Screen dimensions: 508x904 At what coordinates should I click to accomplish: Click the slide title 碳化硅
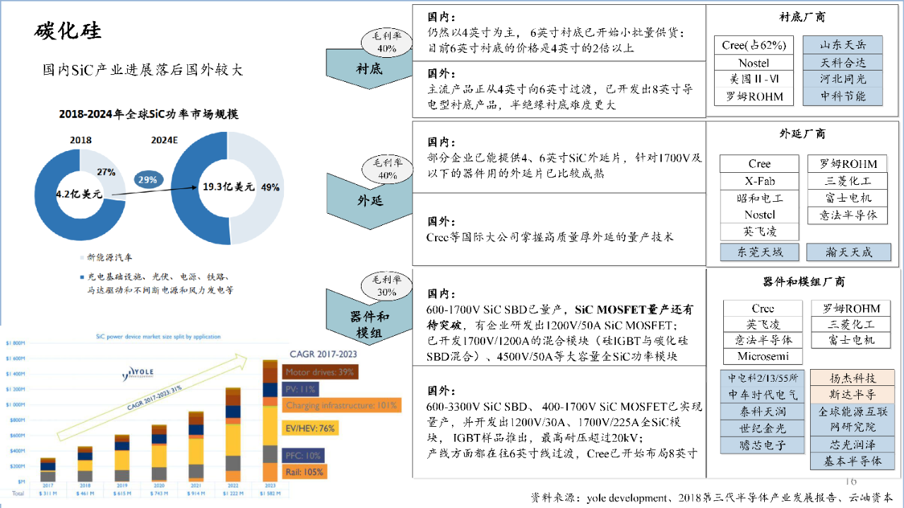[x=68, y=31]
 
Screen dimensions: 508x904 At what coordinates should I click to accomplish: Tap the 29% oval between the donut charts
[x=148, y=180]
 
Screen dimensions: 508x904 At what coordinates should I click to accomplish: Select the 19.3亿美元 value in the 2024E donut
[x=228, y=187]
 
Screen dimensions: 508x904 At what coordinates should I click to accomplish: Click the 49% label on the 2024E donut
[x=270, y=188]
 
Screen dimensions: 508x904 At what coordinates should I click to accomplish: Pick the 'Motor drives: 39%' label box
[x=320, y=372]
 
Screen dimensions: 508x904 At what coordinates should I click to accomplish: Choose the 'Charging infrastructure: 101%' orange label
[x=342, y=406]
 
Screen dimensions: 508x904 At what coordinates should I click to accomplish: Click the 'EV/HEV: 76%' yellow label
[x=309, y=428]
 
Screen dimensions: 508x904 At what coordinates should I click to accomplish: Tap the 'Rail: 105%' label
[x=304, y=471]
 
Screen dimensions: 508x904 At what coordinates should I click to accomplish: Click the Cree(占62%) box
[x=754, y=45]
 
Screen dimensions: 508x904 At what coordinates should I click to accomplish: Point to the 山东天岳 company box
[x=843, y=45]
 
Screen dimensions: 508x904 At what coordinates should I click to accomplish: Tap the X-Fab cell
[x=759, y=181]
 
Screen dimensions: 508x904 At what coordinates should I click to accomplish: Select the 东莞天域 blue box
[x=759, y=252]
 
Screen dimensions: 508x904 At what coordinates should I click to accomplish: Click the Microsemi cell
[x=763, y=356]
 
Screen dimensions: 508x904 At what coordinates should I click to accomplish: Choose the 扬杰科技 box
[x=852, y=378]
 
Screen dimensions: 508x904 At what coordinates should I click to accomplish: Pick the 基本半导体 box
[x=852, y=461]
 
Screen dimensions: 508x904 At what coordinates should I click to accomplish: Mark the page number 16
[x=850, y=481]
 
